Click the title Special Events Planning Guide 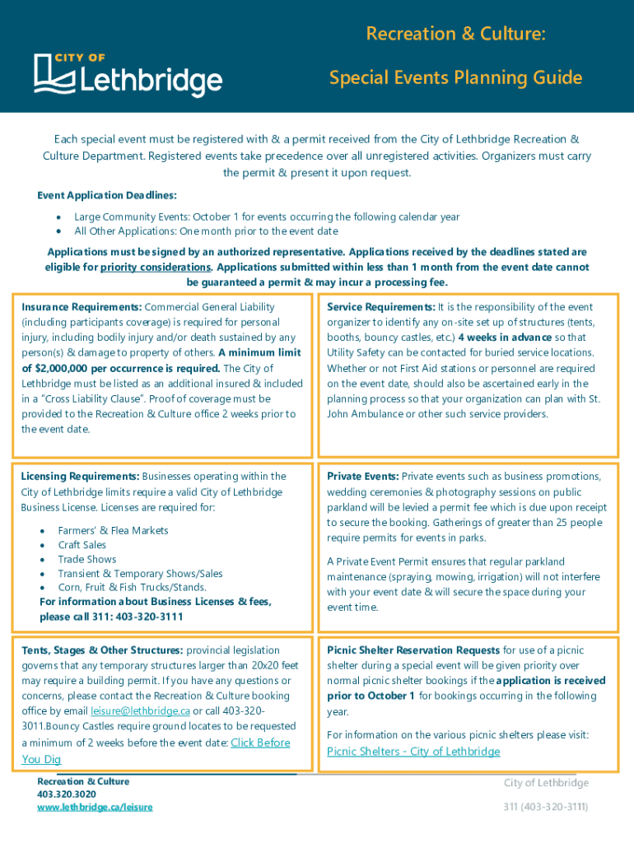tap(455, 78)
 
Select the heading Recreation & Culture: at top tap(455, 34)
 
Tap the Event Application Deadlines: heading tap(107, 195)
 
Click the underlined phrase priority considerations tap(156, 268)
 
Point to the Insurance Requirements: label tap(82, 307)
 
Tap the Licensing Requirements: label tap(80, 477)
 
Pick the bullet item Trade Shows tap(87, 559)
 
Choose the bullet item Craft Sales tap(82, 545)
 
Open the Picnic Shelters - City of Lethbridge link tap(413, 752)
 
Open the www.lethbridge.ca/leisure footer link tap(95, 808)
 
